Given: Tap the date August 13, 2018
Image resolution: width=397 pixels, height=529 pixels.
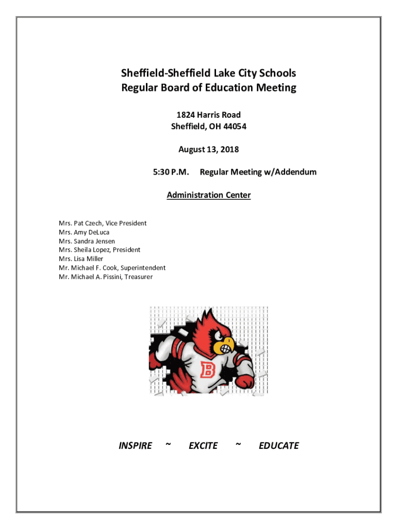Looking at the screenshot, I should click(x=208, y=150).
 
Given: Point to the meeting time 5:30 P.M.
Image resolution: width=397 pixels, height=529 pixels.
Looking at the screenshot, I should click(x=171, y=172).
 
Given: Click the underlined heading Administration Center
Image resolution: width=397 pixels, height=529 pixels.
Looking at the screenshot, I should click(x=208, y=195).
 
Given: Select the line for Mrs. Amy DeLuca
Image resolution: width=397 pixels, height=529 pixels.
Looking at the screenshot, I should click(x=84, y=232).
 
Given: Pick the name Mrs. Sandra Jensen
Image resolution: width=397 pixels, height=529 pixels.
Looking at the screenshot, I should click(x=87, y=241).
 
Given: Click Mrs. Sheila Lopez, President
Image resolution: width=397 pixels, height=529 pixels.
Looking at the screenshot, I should click(x=100, y=250).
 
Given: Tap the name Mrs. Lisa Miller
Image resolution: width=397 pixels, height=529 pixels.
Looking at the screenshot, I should click(x=81, y=259).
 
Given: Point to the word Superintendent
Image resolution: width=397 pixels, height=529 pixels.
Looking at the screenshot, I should click(x=143, y=268).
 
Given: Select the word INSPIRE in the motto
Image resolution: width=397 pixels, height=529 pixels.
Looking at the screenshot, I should click(x=135, y=446).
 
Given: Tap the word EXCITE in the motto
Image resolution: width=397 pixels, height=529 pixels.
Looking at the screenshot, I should click(x=203, y=446).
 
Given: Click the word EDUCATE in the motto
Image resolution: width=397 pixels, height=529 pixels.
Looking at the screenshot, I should click(x=278, y=446).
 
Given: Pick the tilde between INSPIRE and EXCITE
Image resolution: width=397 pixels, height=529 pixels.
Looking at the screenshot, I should click(x=168, y=444).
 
